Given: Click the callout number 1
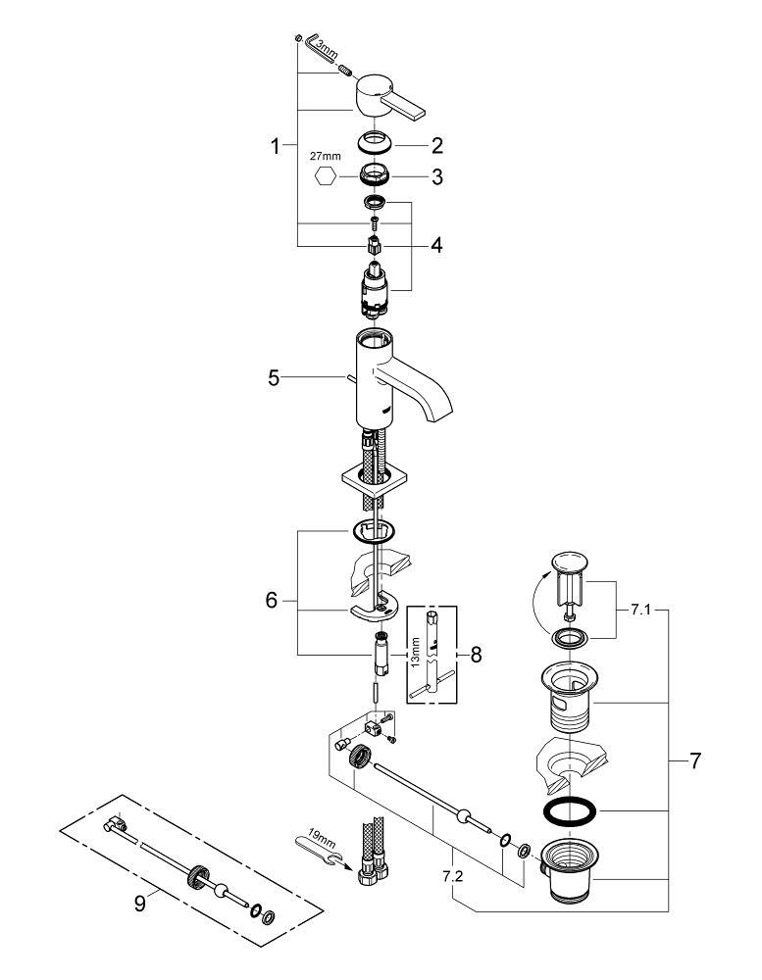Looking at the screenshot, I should (276, 147).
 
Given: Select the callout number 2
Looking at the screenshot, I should (436, 147).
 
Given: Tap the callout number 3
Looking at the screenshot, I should (436, 177).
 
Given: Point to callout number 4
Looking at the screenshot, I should (435, 245).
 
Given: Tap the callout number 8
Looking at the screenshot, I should (477, 654).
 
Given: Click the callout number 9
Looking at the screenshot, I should (140, 903).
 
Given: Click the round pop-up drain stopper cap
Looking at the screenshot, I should (569, 563).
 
